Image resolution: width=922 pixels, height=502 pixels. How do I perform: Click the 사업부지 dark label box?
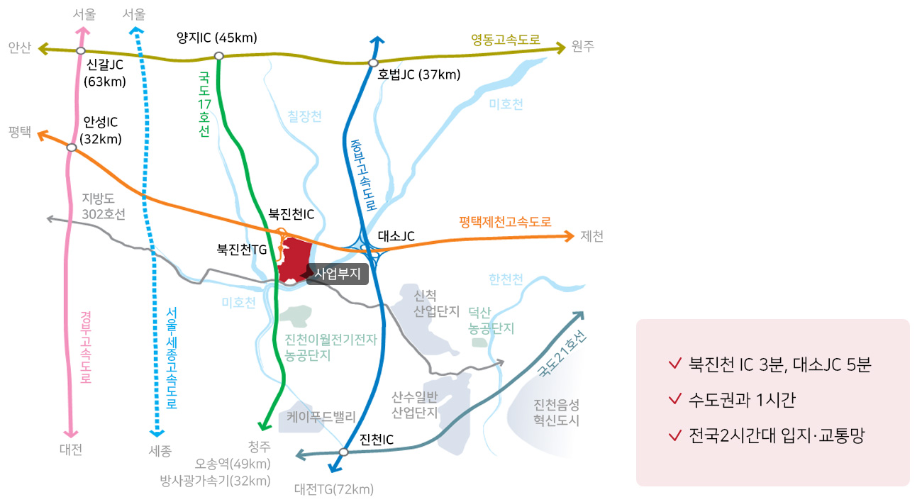[338, 274]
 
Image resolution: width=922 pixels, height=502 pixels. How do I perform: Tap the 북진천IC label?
[291, 213]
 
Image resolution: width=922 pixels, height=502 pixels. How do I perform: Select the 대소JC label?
[396, 235]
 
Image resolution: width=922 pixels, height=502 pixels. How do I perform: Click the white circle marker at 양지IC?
[219, 55]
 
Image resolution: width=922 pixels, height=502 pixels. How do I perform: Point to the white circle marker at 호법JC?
[374, 63]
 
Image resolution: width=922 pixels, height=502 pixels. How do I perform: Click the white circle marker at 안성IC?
[71, 147]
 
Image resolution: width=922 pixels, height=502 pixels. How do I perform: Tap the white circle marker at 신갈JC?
[81, 51]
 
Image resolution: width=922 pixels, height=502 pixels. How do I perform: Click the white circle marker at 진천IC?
[344, 452]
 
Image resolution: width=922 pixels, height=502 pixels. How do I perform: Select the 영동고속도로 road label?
[506, 40]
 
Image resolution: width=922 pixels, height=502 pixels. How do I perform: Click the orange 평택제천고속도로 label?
[505, 221]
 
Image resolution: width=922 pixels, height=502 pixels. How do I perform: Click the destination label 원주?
[582, 47]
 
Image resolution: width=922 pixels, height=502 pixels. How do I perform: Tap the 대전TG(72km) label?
[333, 489]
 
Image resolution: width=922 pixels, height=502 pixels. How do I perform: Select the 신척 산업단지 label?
[436, 303]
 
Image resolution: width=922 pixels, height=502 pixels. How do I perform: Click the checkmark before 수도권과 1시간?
[674, 400]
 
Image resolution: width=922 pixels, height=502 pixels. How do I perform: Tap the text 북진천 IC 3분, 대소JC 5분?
[779, 364]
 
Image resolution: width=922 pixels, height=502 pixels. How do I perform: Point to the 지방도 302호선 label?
[104, 206]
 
